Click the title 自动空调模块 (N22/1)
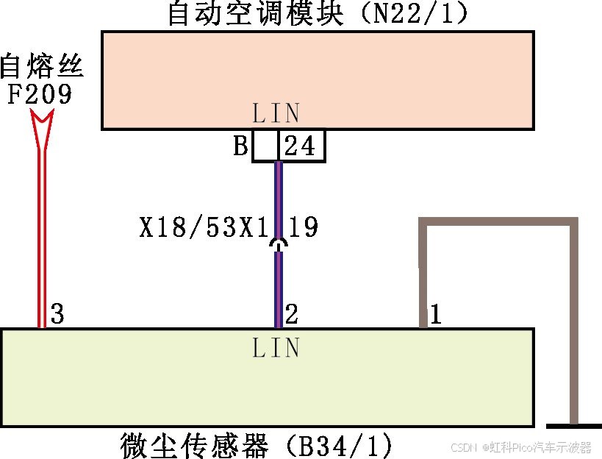317,14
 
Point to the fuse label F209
40,94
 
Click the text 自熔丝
42,68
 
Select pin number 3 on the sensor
57,315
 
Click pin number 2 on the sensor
291,315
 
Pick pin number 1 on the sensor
434,315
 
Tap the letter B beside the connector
240,146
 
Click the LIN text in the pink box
276,113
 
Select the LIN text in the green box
276,347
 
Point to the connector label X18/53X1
202,227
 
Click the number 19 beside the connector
303,227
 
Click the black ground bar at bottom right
574,426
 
